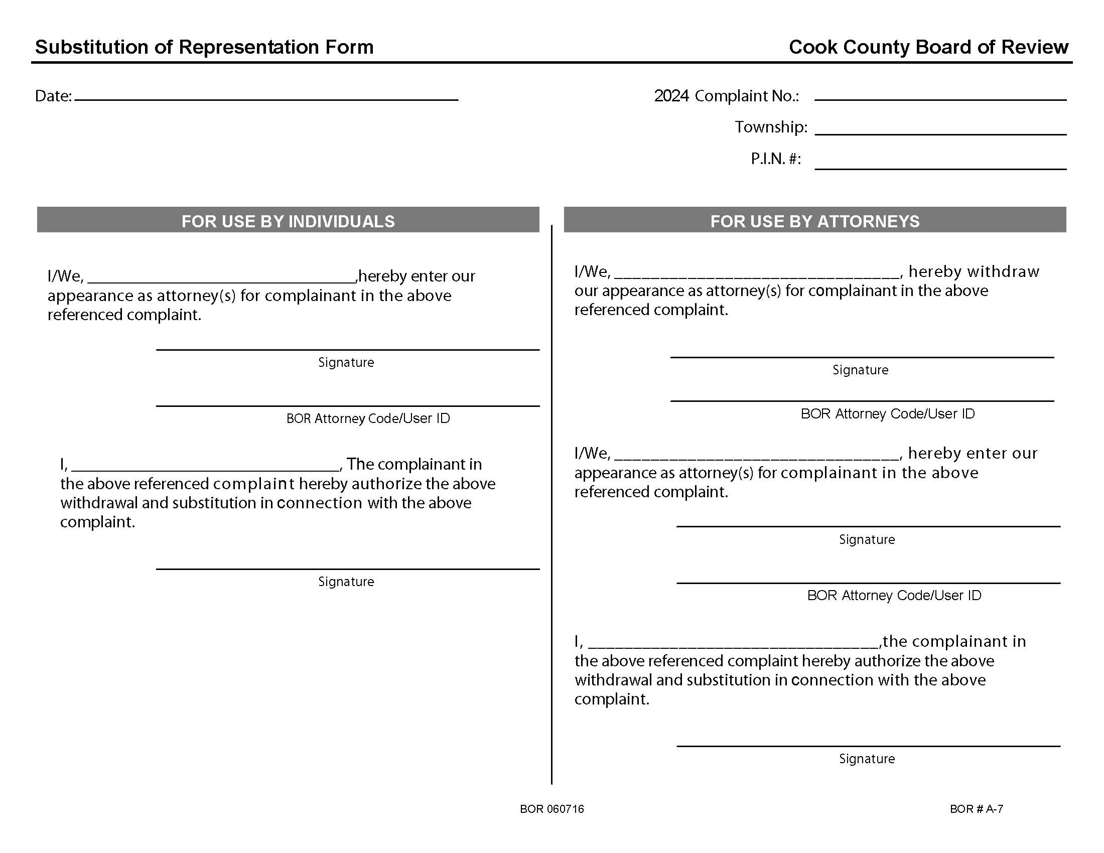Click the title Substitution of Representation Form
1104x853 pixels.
(x=204, y=47)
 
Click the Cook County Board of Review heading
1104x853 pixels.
(x=928, y=47)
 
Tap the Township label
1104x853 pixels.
(x=770, y=127)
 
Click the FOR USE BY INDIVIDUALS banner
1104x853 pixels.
(x=288, y=221)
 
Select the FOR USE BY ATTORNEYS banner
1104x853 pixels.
(x=815, y=221)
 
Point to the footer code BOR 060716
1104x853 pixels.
(x=551, y=809)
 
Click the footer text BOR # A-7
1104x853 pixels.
(x=976, y=809)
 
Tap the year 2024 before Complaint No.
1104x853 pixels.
(x=671, y=95)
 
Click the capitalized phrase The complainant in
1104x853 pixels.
(x=413, y=464)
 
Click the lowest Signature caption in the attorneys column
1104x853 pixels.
(x=867, y=759)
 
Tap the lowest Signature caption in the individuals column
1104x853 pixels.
(x=346, y=582)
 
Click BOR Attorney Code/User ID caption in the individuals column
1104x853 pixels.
(x=367, y=418)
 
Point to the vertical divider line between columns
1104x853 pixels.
(x=551, y=505)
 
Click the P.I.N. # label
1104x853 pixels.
(x=775, y=159)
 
